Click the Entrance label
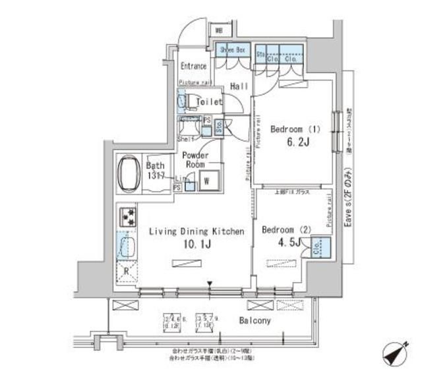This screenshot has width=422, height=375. tap(194, 67)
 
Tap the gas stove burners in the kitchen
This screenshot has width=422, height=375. tap(127, 216)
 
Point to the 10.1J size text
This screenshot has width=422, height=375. tap(196, 245)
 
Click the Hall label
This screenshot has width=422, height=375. tap(238, 86)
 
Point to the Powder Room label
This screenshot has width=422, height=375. tap(195, 159)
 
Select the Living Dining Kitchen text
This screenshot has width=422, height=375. tap(196, 231)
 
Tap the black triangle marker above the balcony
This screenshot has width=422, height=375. tap(210, 285)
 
